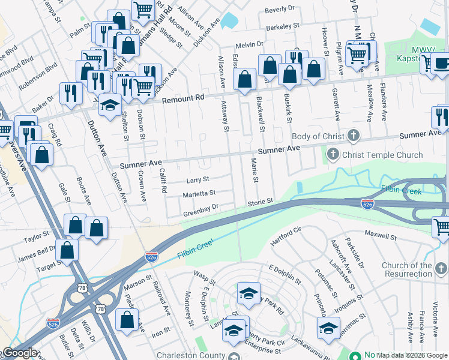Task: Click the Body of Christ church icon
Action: point(354,136)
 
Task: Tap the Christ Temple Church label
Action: point(382,155)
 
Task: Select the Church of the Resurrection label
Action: point(415,269)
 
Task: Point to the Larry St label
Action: point(197,179)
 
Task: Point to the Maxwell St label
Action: point(380,236)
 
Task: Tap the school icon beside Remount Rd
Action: point(110,106)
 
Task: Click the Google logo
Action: point(19,353)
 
